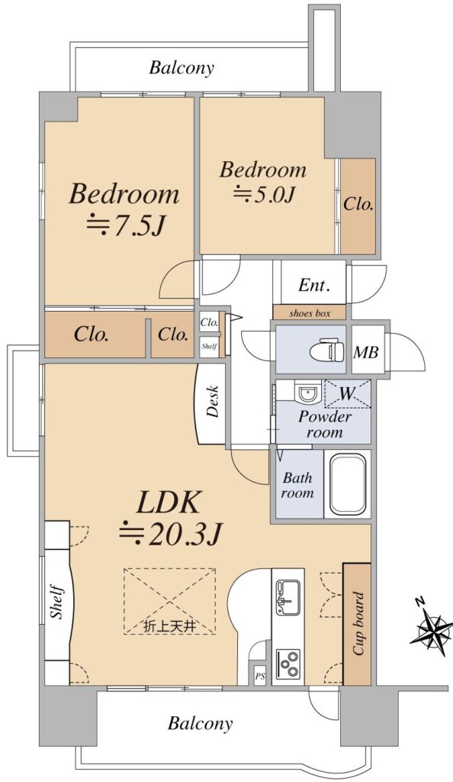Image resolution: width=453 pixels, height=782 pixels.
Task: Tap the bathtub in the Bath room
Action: pos(348,483)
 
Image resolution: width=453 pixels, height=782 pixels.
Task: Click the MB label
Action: pos(366,353)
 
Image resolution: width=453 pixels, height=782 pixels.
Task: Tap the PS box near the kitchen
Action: pos(260,677)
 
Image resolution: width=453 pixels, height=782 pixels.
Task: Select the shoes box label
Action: pos(310,313)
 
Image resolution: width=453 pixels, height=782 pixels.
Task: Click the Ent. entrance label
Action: pos(315,286)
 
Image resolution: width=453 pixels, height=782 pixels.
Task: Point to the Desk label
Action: pos(213,401)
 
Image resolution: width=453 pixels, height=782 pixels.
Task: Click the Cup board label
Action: pos(358,623)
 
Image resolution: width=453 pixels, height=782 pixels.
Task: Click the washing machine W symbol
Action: pos(347,394)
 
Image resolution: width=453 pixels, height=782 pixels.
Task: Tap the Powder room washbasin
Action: pos(307,394)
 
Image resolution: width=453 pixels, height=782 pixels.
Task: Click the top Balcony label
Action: pos(182,67)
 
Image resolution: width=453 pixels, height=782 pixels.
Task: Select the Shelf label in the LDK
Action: pos(58,603)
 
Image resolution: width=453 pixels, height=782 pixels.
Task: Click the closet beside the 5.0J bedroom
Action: pos(358,206)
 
